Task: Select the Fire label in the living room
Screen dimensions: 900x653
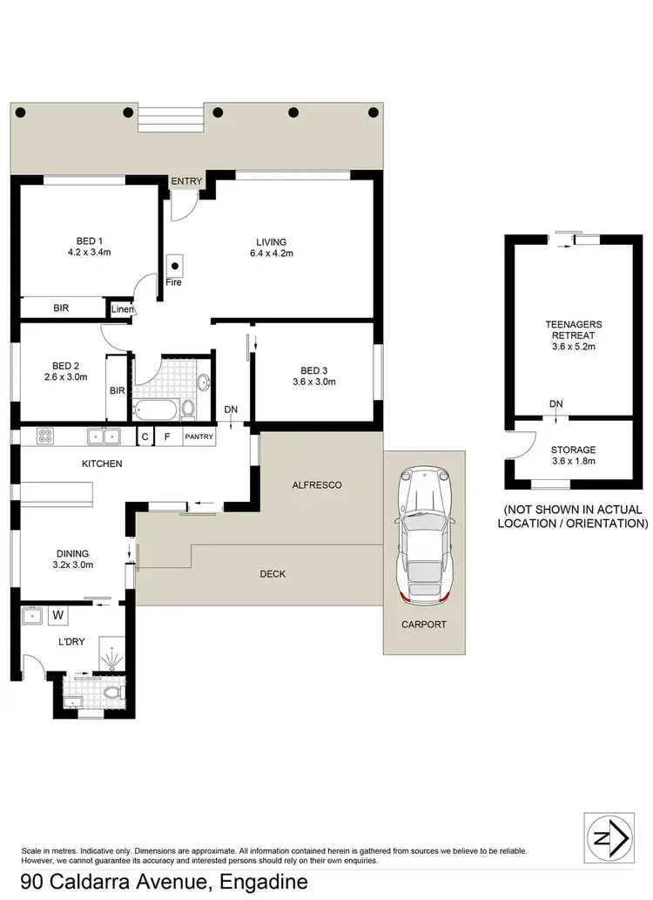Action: click(174, 282)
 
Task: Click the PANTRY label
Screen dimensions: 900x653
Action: click(198, 436)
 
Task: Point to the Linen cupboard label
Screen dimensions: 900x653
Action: click(121, 309)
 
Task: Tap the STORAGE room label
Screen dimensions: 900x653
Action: click(573, 450)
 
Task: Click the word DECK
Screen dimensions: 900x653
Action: click(273, 573)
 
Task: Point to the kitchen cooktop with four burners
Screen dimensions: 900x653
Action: click(45, 436)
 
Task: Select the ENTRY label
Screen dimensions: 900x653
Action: click(186, 181)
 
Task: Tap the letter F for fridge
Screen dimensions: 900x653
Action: click(167, 436)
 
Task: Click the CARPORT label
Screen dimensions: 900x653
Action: click(423, 624)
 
